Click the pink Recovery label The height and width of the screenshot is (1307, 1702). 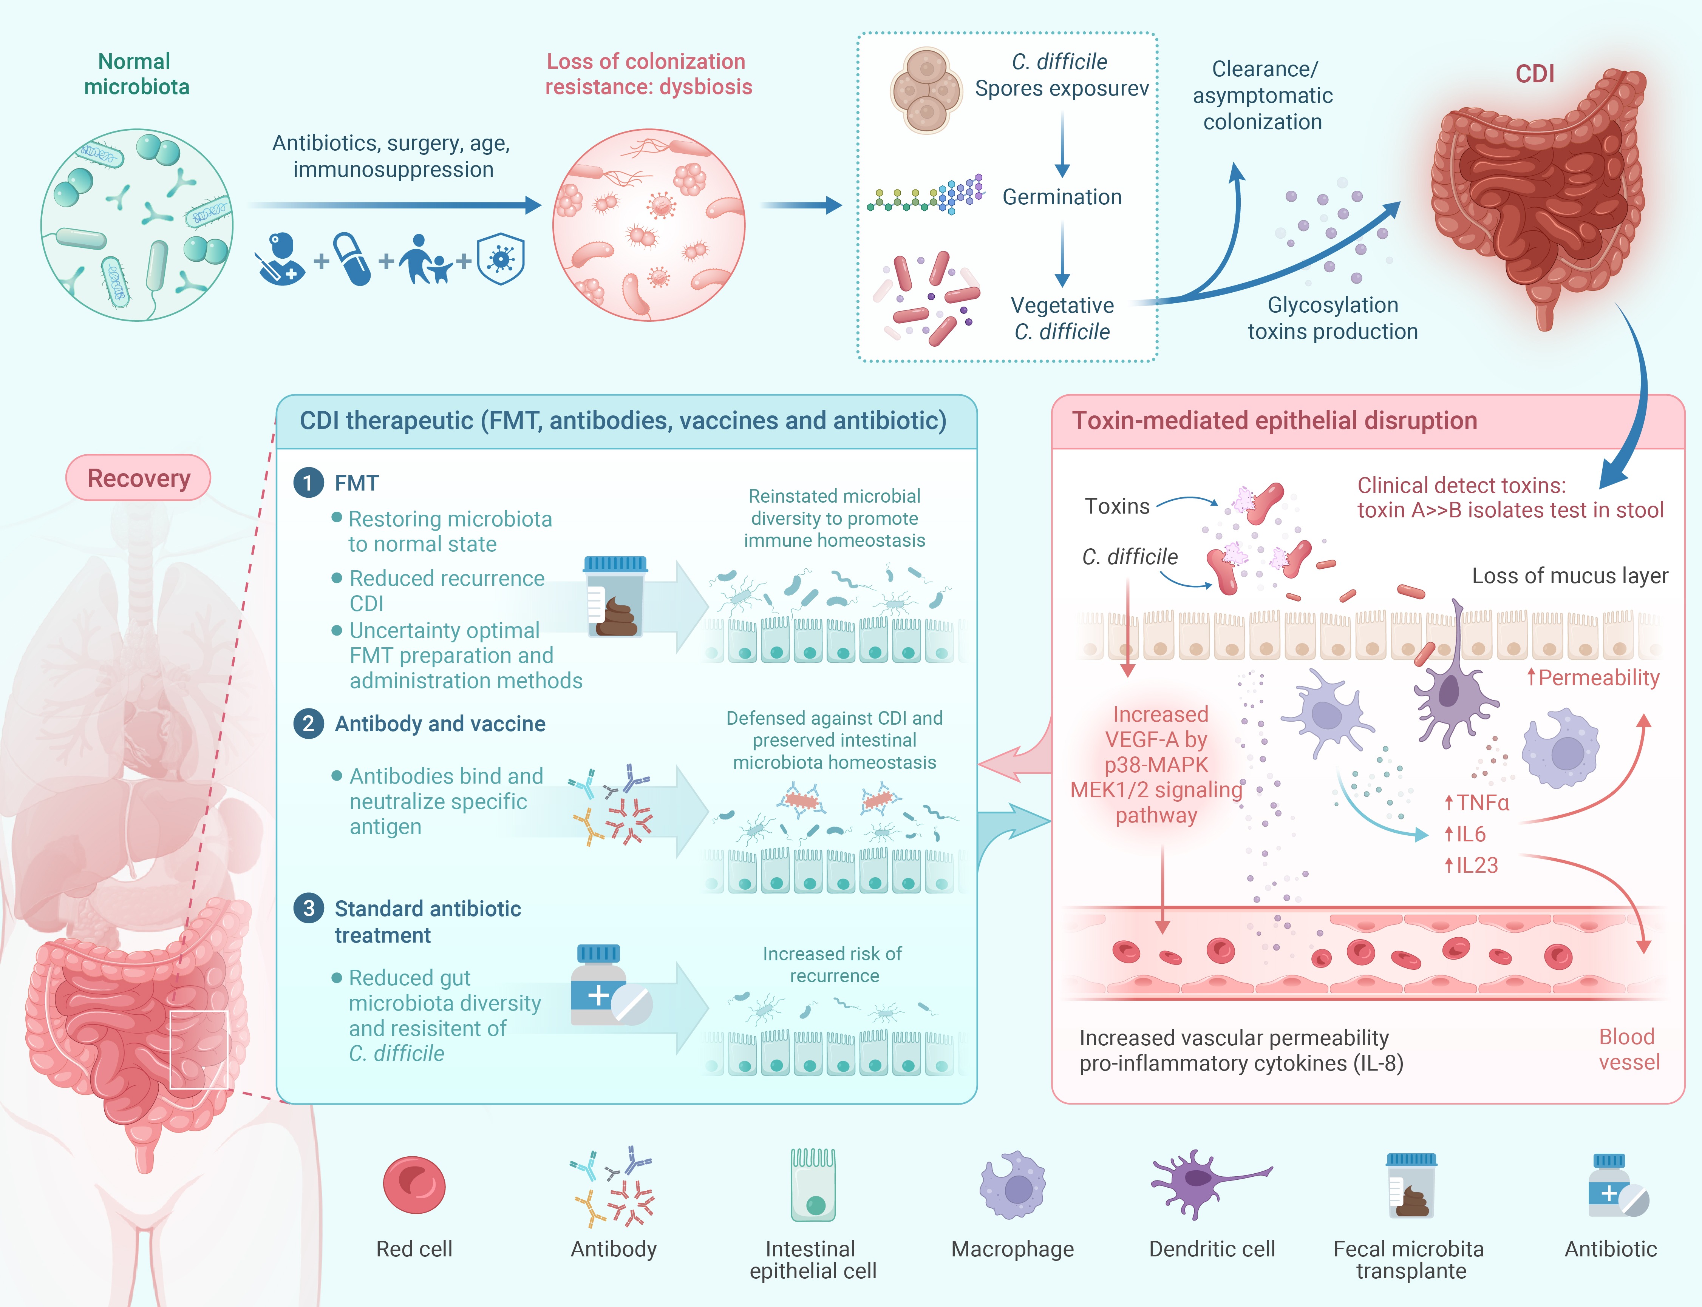tap(139, 478)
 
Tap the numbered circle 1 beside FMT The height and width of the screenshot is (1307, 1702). tap(308, 483)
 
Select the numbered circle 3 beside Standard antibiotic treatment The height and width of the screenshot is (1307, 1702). tap(308, 908)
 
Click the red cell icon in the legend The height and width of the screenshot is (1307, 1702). tap(414, 1185)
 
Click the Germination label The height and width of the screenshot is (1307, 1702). tap(1062, 197)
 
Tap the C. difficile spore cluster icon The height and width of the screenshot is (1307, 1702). tap(925, 91)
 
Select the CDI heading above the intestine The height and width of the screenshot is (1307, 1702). tap(1534, 74)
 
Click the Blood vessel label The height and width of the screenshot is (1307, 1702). tap(1628, 1049)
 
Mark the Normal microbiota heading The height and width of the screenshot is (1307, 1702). tap(136, 74)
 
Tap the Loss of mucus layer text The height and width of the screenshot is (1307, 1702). tap(1569, 576)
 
